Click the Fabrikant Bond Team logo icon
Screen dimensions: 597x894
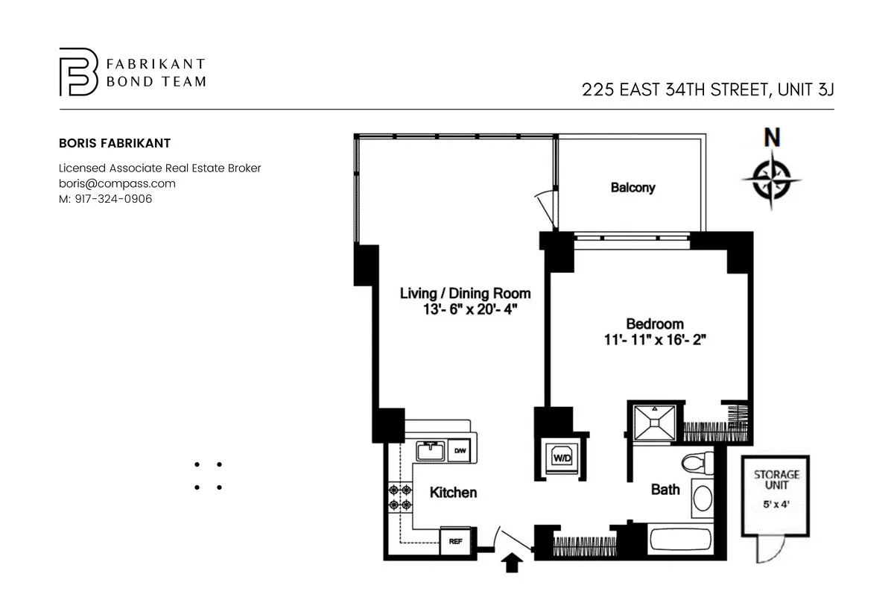coord(78,72)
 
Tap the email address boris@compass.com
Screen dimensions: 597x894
coord(117,183)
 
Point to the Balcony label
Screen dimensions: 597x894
coord(633,188)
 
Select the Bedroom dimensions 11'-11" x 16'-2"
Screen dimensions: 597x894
coord(655,340)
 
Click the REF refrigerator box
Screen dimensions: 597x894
coord(455,542)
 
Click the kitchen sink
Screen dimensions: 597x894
coord(430,450)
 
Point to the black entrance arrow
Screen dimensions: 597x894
coord(513,563)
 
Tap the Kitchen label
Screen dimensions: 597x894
coord(453,493)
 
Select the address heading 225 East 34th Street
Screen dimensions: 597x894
coord(707,90)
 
